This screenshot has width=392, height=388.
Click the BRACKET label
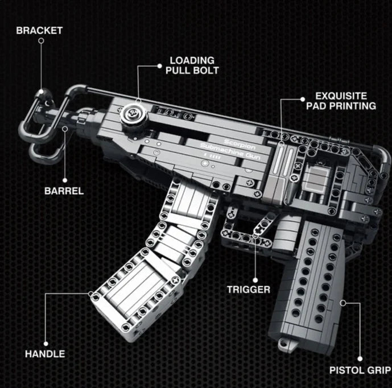(39, 30)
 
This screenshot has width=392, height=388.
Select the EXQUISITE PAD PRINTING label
(341, 101)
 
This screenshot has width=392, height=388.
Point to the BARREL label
(64, 191)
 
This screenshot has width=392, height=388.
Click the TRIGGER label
(249, 289)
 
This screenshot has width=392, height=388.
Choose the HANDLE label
(44, 353)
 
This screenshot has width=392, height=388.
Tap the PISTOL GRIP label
(359, 370)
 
